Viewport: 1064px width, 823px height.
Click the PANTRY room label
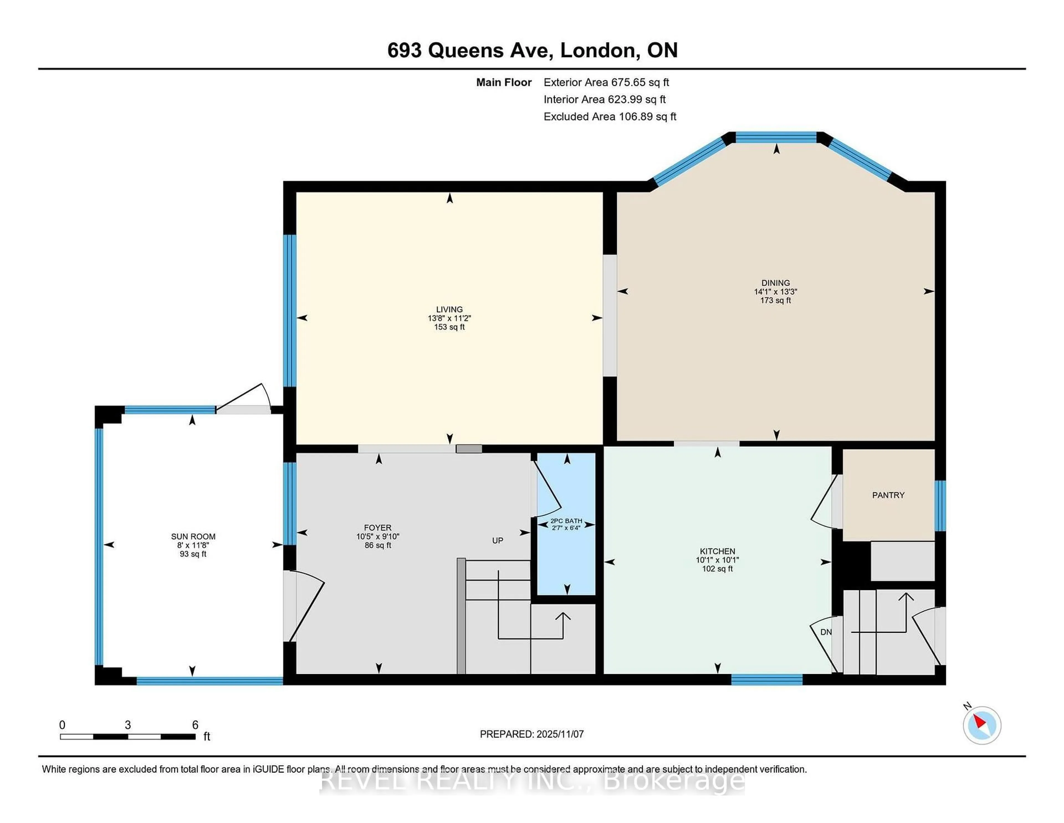coord(888,495)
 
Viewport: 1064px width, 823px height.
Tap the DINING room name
coord(776,283)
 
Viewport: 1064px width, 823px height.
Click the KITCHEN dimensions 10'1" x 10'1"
coord(717,560)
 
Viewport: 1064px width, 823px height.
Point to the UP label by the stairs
coord(497,540)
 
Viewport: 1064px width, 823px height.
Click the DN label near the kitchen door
coord(826,632)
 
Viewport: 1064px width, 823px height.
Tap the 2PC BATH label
coord(566,521)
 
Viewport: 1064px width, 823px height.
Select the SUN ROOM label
coord(193,536)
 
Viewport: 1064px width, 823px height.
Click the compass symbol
coord(982,725)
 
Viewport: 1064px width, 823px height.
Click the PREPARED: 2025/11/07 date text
coord(531,734)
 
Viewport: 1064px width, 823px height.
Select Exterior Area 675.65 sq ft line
coord(606,82)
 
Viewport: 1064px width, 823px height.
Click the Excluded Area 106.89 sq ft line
coord(610,116)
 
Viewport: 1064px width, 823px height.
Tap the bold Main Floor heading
coord(504,82)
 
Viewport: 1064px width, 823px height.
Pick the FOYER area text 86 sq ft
coord(378,545)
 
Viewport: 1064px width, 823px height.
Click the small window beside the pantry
coord(940,506)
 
